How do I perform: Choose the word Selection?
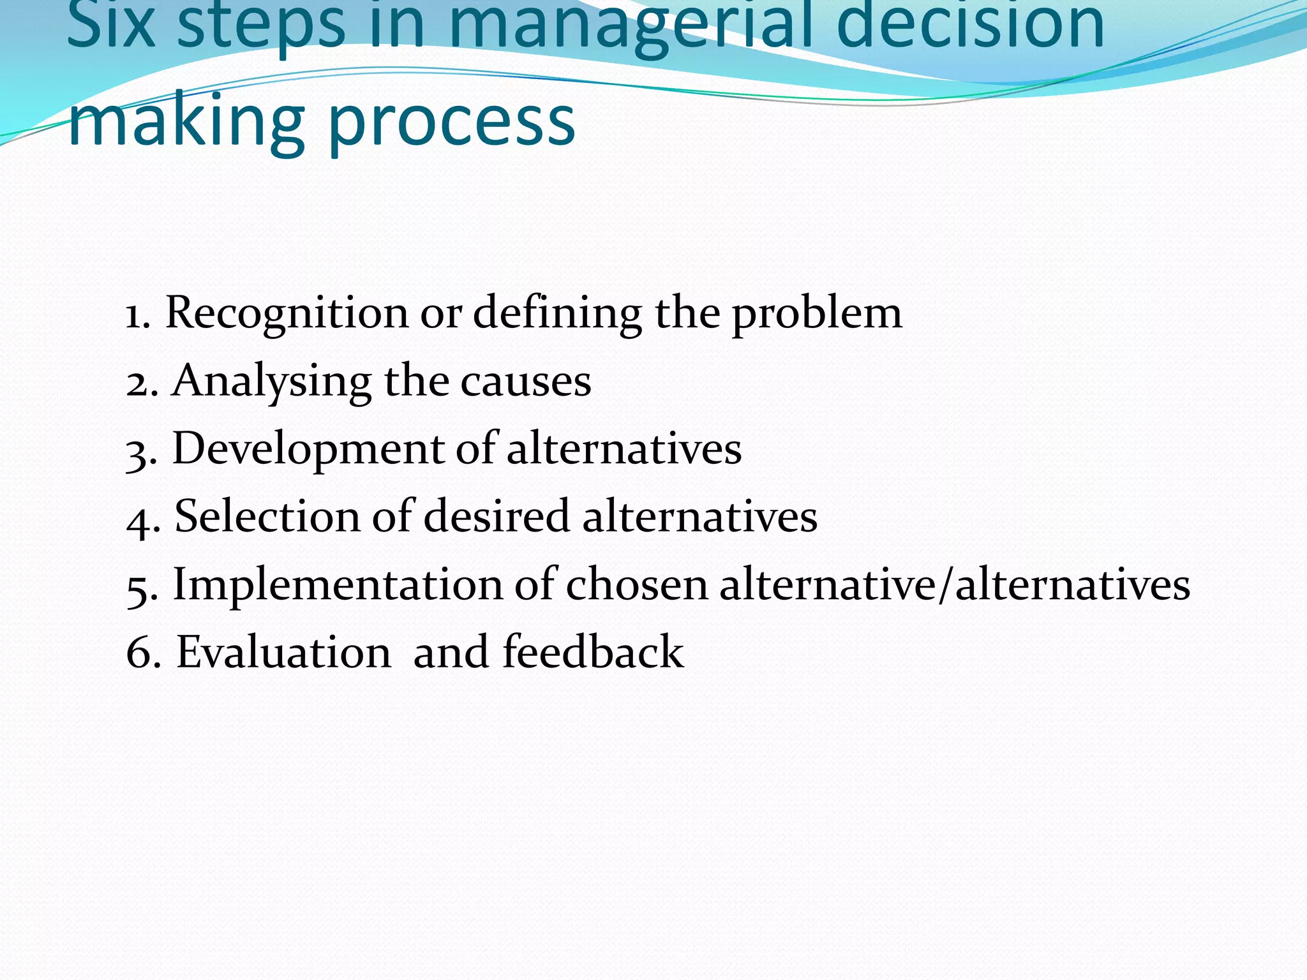point(267,516)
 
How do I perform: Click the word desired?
point(496,516)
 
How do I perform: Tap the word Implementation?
point(338,584)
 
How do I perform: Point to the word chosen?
point(636,584)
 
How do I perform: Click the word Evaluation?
point(284,652)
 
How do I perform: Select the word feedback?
point(593,652)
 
